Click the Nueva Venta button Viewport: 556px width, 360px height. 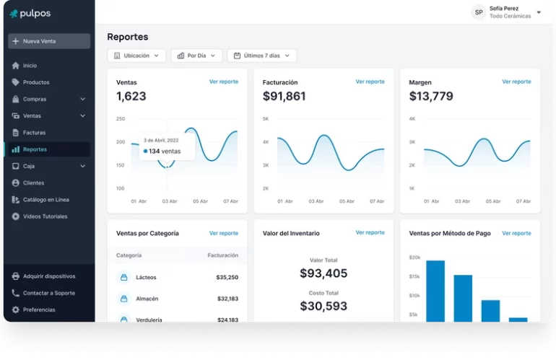pos(49,41)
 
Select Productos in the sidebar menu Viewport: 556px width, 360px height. pos(36,82)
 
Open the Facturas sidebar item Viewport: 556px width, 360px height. pos(34,133)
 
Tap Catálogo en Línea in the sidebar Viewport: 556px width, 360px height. pos(45,200)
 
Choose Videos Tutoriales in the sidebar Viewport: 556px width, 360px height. pos(45,216)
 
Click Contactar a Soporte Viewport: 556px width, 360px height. pos(48,293)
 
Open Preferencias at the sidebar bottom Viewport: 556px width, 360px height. pos(39,309)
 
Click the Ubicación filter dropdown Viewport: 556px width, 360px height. pos(136,56)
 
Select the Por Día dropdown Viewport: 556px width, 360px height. pos(196,56)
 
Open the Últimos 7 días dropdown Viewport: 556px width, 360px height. pos(261,56)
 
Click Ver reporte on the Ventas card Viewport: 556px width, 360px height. pos(223,82)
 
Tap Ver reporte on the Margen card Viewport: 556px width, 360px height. pos(516,82)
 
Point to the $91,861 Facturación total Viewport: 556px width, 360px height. pos(284,96)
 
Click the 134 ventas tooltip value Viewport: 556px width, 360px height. pos(165,152)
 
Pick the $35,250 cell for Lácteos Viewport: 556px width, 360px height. pos(227,277)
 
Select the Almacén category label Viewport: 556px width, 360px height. pos(147,299)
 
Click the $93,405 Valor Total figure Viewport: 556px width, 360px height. pos(323,273)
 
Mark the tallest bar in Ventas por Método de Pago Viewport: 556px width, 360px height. pos(435,291)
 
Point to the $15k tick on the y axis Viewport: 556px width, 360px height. pos(414,276)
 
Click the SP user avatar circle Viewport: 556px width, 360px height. pos(478,12)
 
